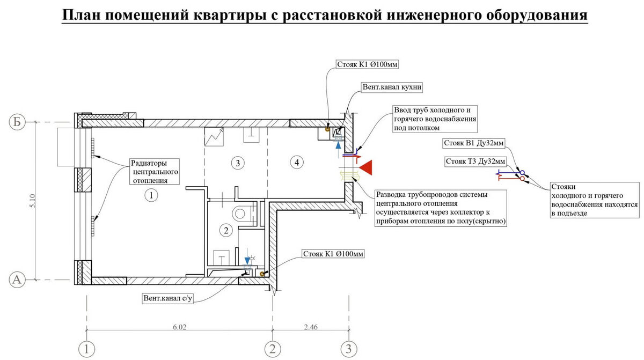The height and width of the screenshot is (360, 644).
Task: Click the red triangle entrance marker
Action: [x=367, y=168]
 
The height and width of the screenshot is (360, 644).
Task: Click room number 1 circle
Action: [x=151, y=195]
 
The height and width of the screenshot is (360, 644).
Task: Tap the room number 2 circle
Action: [x=226, y=231]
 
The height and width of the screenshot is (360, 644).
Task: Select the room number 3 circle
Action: [x=233, y=161]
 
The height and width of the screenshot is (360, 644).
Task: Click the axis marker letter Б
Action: [x=17, y=122]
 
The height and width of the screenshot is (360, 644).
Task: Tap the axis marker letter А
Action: [x=17, y=279]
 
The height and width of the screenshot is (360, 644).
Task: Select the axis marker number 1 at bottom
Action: [x=86, y=349]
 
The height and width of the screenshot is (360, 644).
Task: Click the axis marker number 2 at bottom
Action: [x=273, y=349]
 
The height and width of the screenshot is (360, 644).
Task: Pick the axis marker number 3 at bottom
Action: [x=349, y=349]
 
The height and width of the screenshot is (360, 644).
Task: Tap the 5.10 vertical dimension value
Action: [x=32, y=201]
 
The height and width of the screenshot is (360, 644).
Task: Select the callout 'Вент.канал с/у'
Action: [x=167, y=298]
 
